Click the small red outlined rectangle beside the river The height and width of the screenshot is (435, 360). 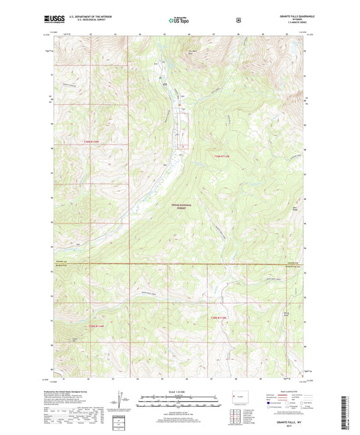click(x=181, y=145)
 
